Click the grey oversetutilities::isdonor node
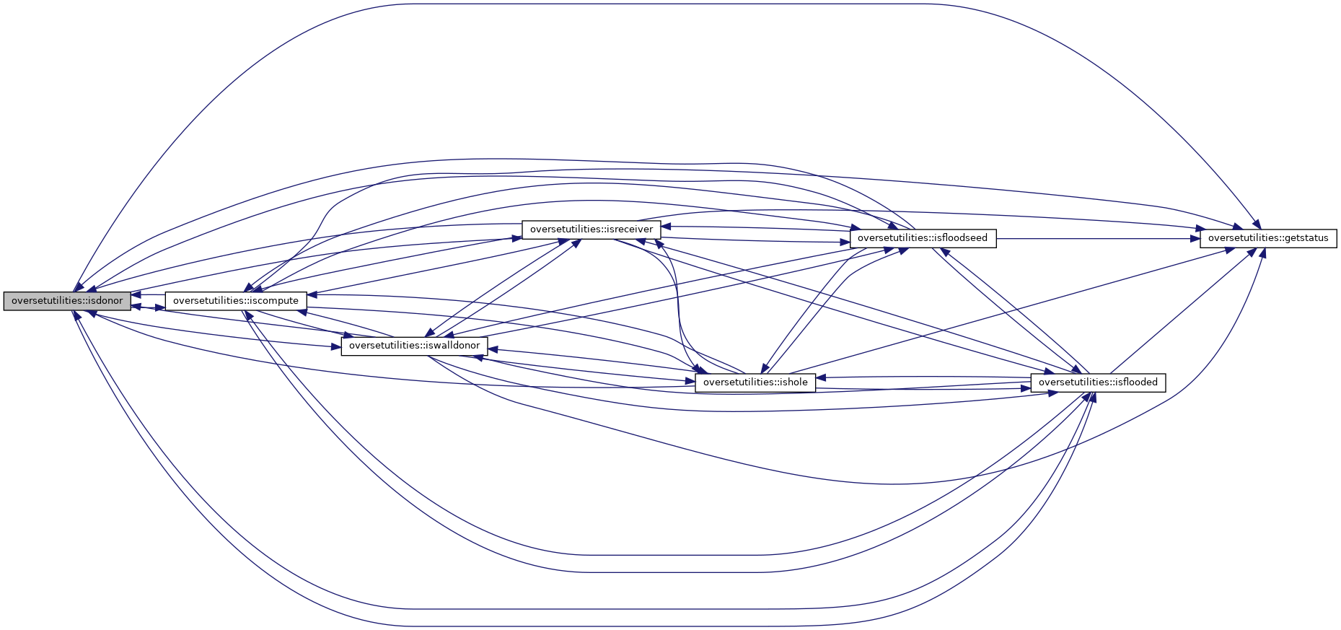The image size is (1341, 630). tap(67, 301)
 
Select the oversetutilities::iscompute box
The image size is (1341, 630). tap(236, 300)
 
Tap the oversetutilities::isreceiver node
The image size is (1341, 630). tap(591, 229)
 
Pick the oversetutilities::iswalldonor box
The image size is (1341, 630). tap(414, 346)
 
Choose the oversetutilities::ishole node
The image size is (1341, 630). tap(755, 382)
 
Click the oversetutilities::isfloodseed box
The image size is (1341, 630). tap(923, 238)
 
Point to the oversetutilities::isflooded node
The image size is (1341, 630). tap(1097, 382)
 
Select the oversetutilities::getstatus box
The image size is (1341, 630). tap(1267, 238)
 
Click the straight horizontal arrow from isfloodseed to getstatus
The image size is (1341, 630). tap(1096, 238)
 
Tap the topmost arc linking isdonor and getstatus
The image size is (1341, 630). tap(671, 4)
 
